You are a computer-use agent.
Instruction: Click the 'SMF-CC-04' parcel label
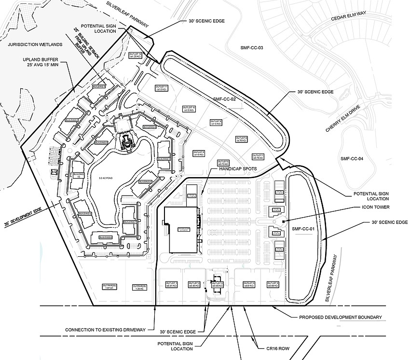tap(354, 159)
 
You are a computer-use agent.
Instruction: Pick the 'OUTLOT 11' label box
tap(161, 88)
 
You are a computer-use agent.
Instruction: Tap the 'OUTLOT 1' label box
tap(172, 284)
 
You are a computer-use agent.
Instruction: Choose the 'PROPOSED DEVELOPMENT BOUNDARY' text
tap(341, 318)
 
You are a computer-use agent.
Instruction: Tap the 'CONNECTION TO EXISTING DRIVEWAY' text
tap(105, 330)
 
